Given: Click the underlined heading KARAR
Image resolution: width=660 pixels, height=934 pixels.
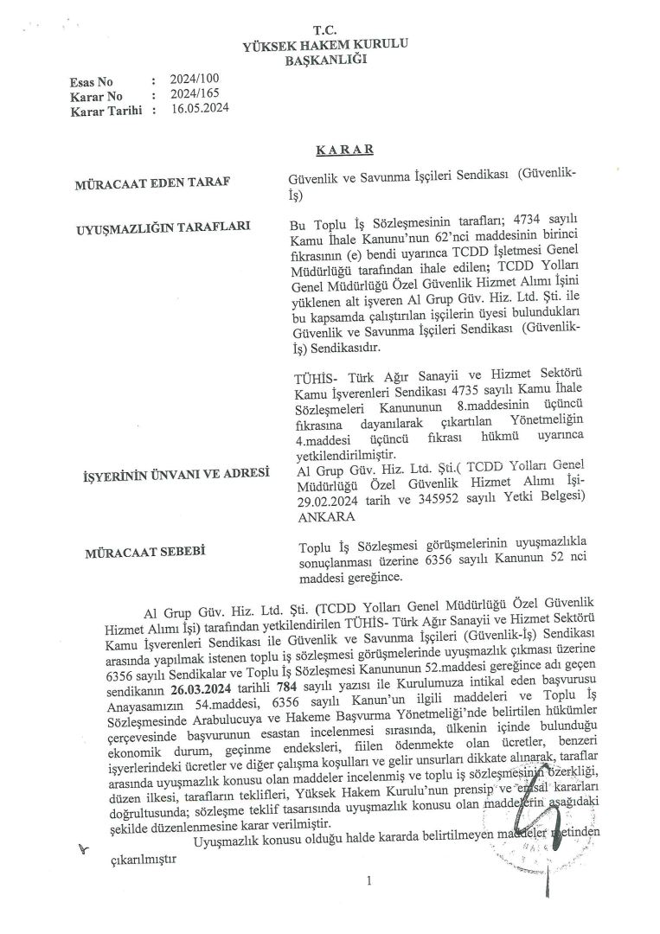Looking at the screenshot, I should point(343,150).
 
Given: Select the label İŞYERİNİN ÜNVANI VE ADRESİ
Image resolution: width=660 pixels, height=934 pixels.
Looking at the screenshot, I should point(175,474).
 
